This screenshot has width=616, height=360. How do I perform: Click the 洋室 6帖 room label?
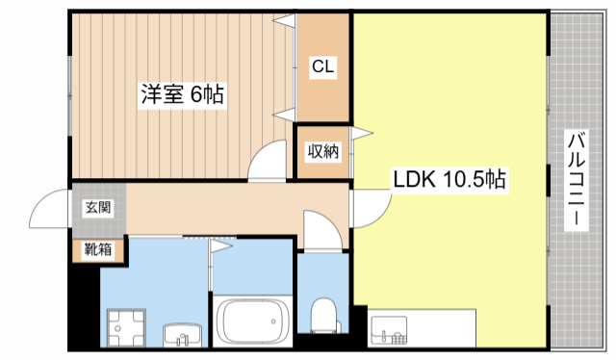tap(183, 95)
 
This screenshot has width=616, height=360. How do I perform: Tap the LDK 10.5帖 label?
tap(449, 179)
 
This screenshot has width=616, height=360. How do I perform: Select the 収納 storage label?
tap(322, 151)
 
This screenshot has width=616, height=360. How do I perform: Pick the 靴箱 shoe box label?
tap(97, 250)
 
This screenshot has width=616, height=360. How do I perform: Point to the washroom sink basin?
tap(182, 335)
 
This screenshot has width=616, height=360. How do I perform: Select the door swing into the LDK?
tap(371, 207)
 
